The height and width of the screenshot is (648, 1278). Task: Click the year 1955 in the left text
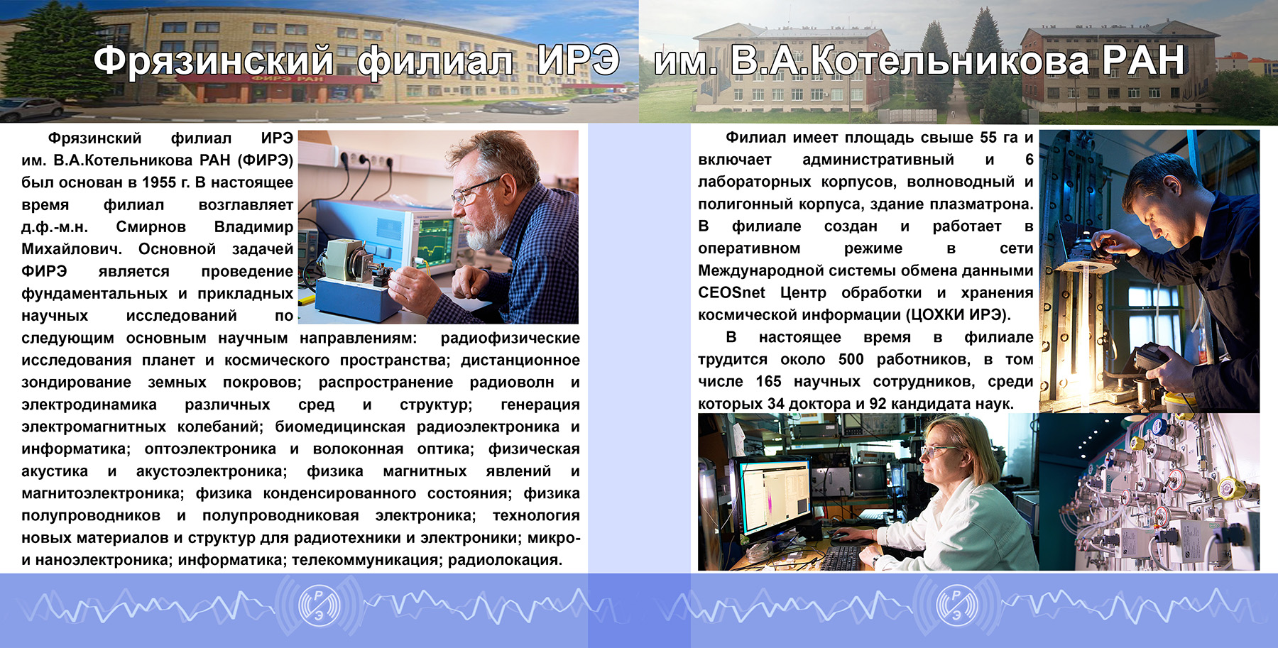coord(159,182)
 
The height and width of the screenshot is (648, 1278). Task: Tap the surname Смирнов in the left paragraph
coord(151,227)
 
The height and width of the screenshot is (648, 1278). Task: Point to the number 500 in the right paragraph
coord(851,359)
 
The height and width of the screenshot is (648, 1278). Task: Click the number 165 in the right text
coord(768,381)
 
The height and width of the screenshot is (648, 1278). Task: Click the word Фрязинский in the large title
coord(214,61)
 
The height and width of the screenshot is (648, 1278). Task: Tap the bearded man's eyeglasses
coord(474,190)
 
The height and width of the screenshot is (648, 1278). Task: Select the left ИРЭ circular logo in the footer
coord(319,604)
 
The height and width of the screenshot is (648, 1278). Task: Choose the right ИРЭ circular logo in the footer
coord(956,604)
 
